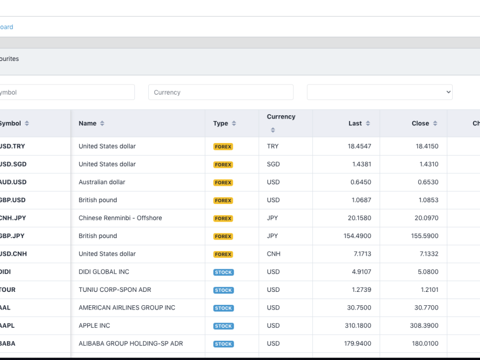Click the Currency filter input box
(221, 92)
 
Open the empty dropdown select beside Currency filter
(379, 92)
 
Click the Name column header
(87, 123)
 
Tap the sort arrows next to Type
(234, 123)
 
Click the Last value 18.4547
(359, 146)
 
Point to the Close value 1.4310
(427, 164)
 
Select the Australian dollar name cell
(102, 182)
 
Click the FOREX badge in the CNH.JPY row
(223, 218)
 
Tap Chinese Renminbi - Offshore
(120, 218)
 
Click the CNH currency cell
(274, 254)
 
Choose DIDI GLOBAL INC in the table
(104, 272)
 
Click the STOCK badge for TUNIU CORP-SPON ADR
(223, 290)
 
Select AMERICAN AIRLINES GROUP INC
(127, 308)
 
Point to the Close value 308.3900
(425, 325)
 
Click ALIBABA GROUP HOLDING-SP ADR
(131, 344)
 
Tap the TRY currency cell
(273, 146)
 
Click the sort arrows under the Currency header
(273, 130)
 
